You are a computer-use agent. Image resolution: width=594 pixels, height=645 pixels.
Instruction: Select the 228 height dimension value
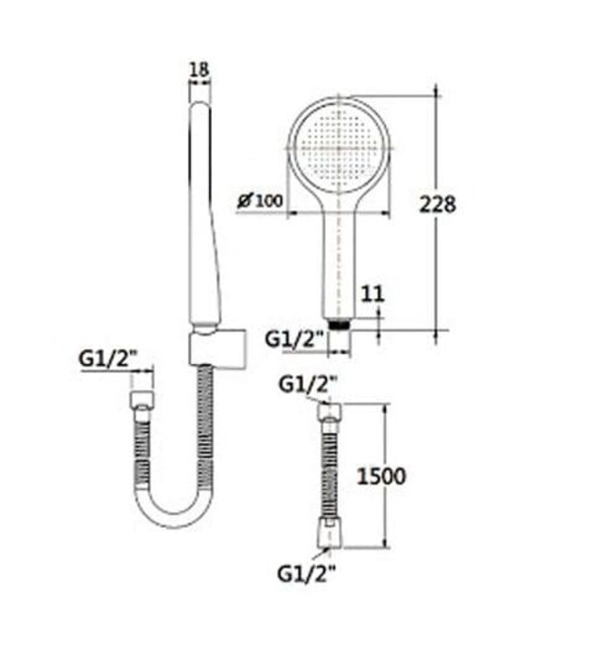click(437, 205)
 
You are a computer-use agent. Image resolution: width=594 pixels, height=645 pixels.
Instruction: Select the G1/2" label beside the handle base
click(295, 339)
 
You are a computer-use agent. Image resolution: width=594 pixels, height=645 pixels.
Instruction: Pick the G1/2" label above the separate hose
click(309, 382)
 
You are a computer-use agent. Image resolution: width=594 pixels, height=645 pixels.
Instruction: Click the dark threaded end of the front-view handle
click(341, 324)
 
